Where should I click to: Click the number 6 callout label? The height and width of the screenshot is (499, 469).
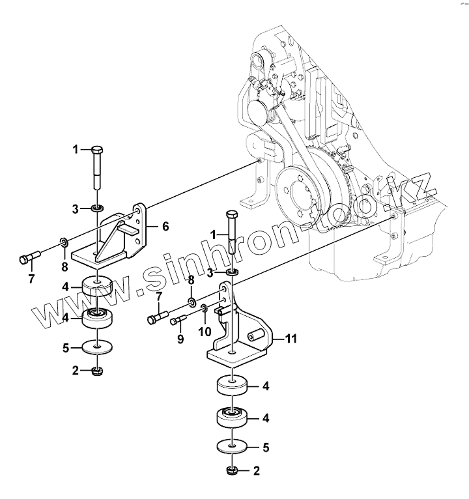tap(165, 227)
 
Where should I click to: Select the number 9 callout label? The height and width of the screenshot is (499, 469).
tap(180, 339)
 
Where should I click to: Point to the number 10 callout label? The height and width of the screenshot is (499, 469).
tap(205, 332)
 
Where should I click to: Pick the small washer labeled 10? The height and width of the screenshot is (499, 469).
tap(204, 307)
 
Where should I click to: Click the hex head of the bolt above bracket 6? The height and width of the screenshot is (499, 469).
tap(96, 149)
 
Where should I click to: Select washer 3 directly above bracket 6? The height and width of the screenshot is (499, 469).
tap(96, 208)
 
